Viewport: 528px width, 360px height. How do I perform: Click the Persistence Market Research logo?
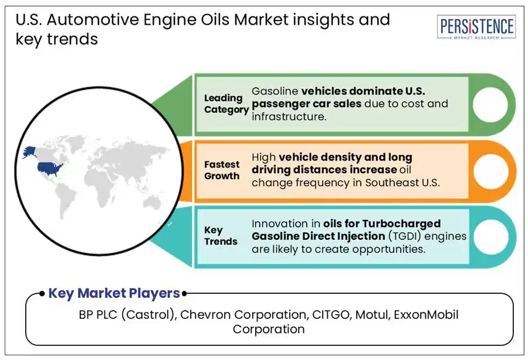click(x=476, y=28)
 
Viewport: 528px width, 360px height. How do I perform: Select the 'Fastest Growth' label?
click(x=222, y=170)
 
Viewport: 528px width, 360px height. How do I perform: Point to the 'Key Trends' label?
click(x=221, y=236)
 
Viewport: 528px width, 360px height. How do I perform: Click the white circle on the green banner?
click(x=486, y=104)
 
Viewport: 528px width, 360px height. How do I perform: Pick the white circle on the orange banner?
click(x=486, y=171)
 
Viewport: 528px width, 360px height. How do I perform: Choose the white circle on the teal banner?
click(x=486, y=236)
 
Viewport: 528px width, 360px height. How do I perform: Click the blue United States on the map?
click(x=50, y=168)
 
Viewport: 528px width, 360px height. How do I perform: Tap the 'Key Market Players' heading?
click(x=114, y=293)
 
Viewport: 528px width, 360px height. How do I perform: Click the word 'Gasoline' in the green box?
click(x=275, y=91)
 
